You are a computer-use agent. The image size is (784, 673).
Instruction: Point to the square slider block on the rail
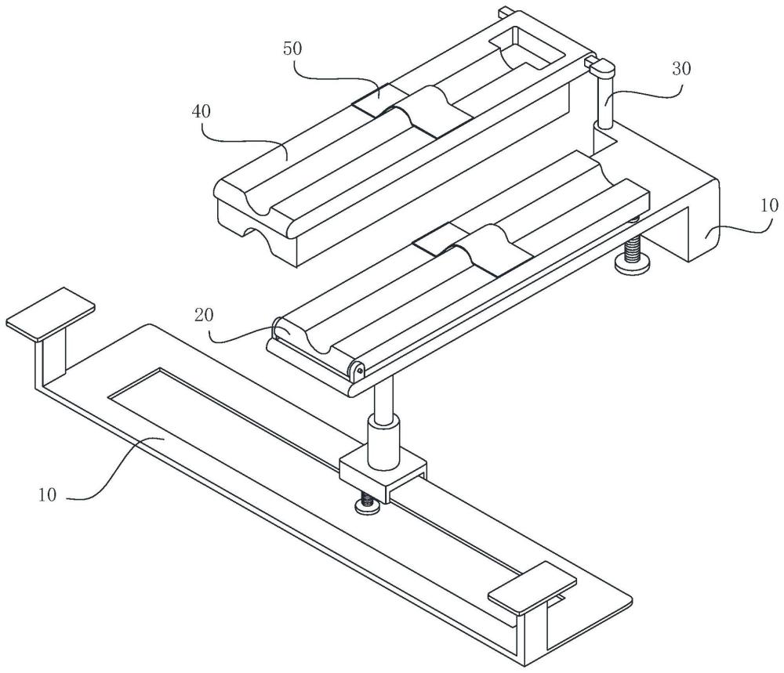tap(382, 474)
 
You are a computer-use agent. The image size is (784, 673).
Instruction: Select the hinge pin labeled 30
tap(606, 102)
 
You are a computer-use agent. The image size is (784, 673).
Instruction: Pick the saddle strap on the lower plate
tap(475, 247)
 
